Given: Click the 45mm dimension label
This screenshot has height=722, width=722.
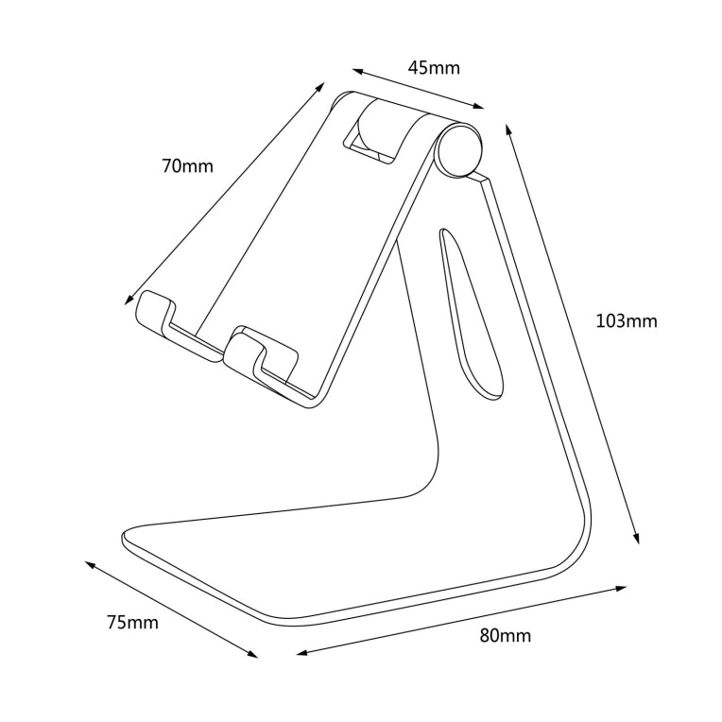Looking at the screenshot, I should coord(434,67).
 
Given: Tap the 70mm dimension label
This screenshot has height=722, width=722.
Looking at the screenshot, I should coord(187,166).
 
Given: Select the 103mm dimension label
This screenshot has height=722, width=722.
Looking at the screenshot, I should coord(626,320).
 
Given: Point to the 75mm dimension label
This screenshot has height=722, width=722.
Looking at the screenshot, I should coord(132,622).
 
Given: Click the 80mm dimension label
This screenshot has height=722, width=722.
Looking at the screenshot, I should coord(505,635).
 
